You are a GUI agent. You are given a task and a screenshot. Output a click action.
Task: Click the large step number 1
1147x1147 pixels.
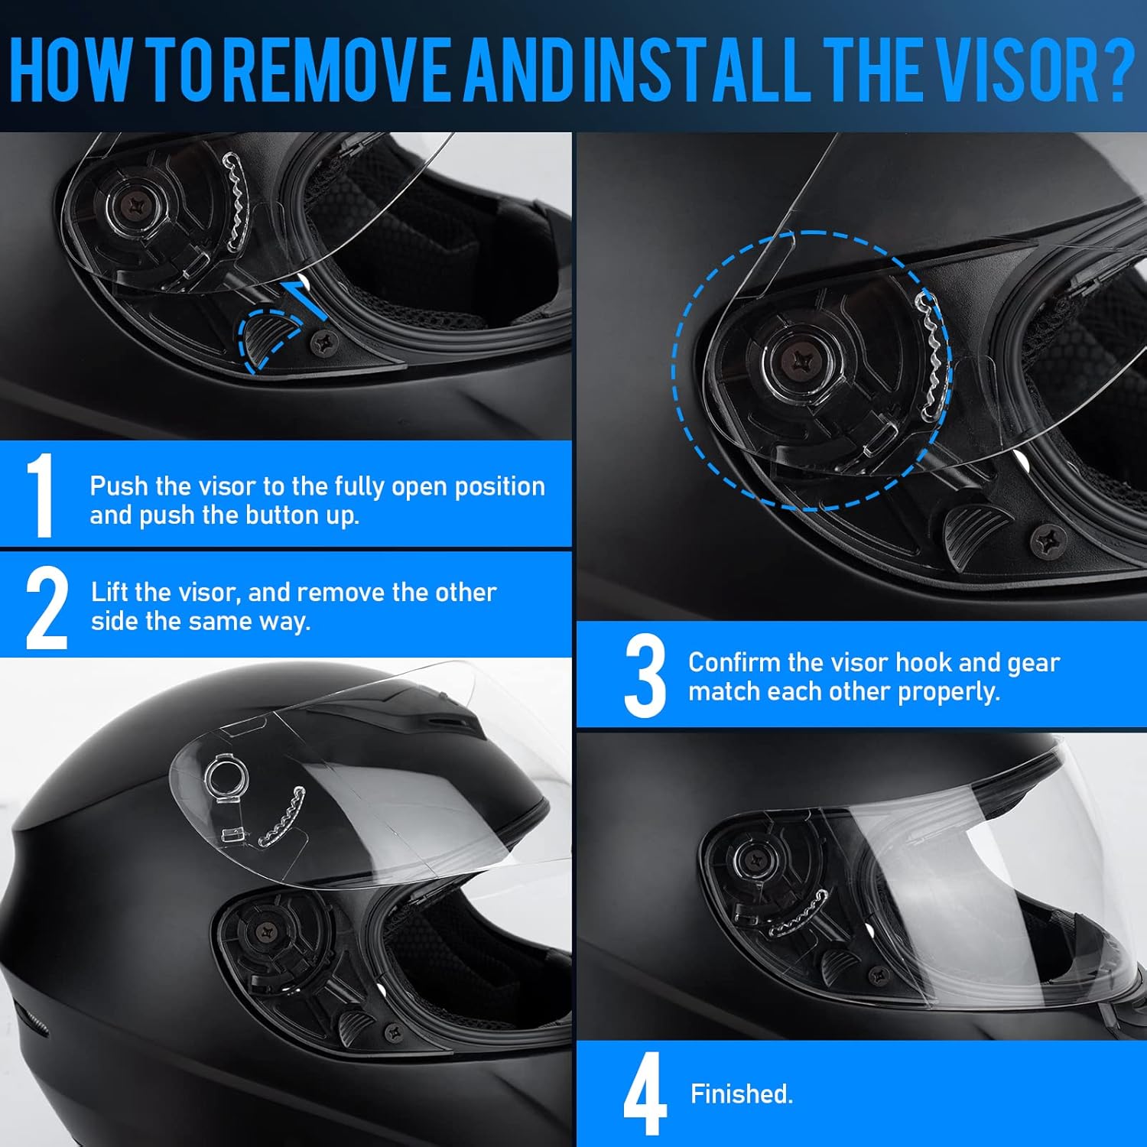41,494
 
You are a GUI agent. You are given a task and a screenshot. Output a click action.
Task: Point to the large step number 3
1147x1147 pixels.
645,677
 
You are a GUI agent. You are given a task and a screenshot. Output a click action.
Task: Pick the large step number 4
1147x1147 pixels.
645,1093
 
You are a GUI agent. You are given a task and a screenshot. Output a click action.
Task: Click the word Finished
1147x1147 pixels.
742,1093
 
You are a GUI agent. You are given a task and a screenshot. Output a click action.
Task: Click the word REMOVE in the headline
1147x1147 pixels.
341,67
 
